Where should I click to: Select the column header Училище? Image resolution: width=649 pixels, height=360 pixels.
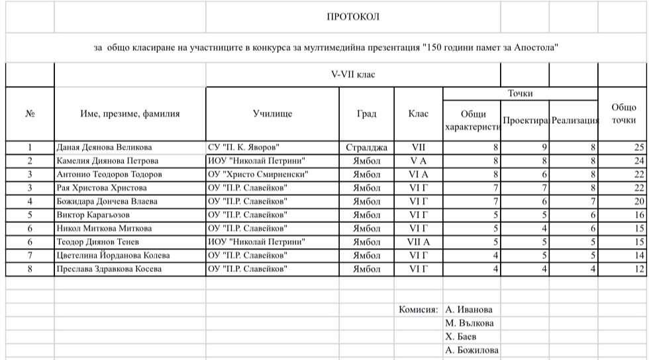click(x=272, y=113)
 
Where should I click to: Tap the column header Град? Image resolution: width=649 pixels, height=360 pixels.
click(x=366, y=113)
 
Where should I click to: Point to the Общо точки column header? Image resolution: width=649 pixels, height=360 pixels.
click(x=623, y=113)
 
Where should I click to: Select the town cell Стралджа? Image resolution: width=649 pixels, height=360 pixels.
click(x=366, y=147)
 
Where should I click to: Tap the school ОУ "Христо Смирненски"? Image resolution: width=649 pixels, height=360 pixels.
click(x=258, y=173)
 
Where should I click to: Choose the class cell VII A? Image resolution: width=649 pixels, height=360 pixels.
click(x=419, y=242)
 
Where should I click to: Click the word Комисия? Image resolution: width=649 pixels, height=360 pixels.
click(x=418, y=309)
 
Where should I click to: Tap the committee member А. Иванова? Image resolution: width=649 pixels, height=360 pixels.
click(x=470, y=309)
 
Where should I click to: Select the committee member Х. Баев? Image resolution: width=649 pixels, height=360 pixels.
click(x=461, y=337)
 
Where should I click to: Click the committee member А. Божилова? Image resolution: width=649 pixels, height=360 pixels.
click(x=472, y=351)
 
